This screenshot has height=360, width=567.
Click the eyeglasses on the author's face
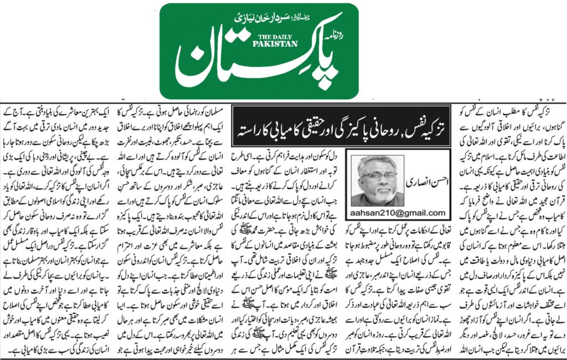378,177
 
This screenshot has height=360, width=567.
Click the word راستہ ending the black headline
250,128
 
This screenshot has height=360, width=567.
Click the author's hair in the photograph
378,164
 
